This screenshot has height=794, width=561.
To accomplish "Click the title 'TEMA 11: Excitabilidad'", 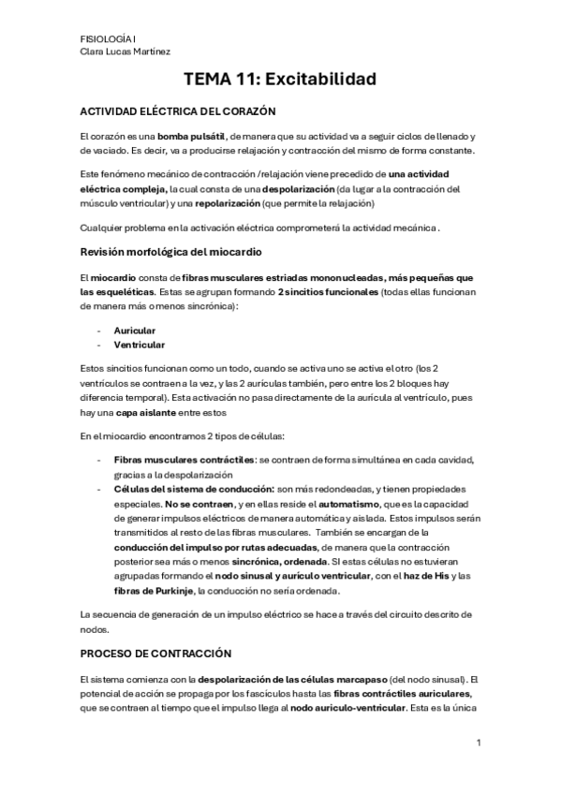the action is click(280, 80).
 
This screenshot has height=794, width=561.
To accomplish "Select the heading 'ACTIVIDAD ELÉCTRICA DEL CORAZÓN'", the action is click(178, 110).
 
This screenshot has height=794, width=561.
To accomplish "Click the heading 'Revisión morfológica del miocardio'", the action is click(170, 253).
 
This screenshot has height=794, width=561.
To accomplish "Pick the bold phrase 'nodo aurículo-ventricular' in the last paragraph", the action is click(348, 706).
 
